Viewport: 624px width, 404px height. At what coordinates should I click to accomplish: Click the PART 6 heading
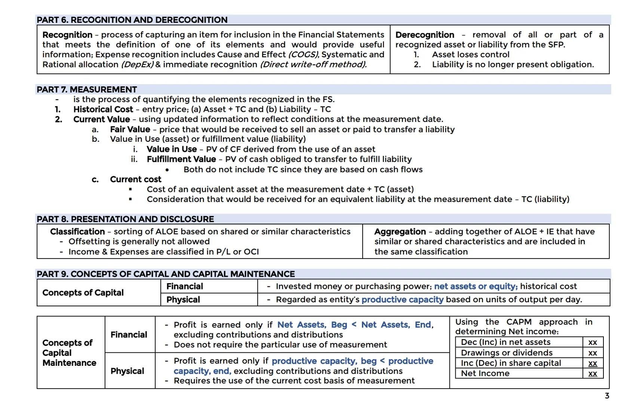coord(132,20)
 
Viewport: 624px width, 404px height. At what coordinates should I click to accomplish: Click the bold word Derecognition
coord(425,35)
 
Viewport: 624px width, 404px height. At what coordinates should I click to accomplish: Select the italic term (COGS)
coord(303,55)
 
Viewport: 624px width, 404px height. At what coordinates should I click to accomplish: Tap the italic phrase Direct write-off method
coord(313,64)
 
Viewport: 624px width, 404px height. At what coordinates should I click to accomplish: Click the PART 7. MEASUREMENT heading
coord(87,89)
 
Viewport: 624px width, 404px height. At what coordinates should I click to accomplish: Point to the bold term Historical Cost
coord(103,109)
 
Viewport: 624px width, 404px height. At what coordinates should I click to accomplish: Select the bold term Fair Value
coord(130,129)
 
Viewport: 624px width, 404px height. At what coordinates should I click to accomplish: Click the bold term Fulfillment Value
coord(181,159)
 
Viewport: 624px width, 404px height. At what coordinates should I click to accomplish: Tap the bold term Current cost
coord(136,179)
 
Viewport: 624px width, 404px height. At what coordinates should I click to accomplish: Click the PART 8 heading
coord(125,219)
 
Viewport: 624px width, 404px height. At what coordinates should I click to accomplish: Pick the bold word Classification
coord(77,232)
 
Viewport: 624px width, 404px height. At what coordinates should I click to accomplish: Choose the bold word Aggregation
coord(400,232)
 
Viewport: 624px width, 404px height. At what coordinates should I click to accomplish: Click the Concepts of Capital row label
coord(83,293)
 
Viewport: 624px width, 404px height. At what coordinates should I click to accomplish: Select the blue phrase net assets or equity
coord(476,287)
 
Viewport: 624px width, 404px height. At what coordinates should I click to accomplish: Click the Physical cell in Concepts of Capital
coord(183,300)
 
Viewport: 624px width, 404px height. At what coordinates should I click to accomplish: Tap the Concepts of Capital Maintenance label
coord(69,353)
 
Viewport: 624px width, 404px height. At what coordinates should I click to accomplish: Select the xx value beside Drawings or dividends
coord(593,353)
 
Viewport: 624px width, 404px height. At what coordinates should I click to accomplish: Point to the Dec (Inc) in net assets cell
coord(505,342)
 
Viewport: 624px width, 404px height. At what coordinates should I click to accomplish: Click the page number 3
coord(607,395)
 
